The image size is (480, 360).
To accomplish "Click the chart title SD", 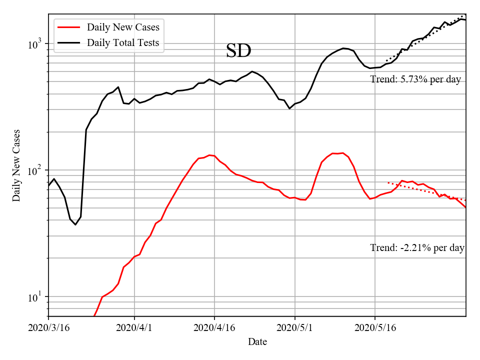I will tap(238, 51).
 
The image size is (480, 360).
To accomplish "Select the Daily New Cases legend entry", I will tap(123, 27).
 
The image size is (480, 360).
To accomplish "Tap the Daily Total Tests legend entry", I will tap(123, 42).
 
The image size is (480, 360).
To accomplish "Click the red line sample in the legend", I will tap(69, 27).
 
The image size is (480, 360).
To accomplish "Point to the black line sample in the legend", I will tap(69, 42).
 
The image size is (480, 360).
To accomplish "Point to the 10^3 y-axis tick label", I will tap(36, 44).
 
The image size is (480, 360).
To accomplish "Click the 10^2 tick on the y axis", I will tap(36, 170).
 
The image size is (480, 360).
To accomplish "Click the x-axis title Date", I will tap(257, 342).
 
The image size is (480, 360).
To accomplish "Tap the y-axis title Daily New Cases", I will tap(16, 165).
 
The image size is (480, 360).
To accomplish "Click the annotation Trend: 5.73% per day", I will tap(415, 79).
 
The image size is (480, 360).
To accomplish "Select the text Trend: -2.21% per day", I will tap(417, 247).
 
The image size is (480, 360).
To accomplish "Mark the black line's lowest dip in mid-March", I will tap(75, 224).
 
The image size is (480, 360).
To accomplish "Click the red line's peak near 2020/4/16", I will tap(209, 155).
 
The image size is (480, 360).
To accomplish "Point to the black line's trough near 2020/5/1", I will tap(289, 108).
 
